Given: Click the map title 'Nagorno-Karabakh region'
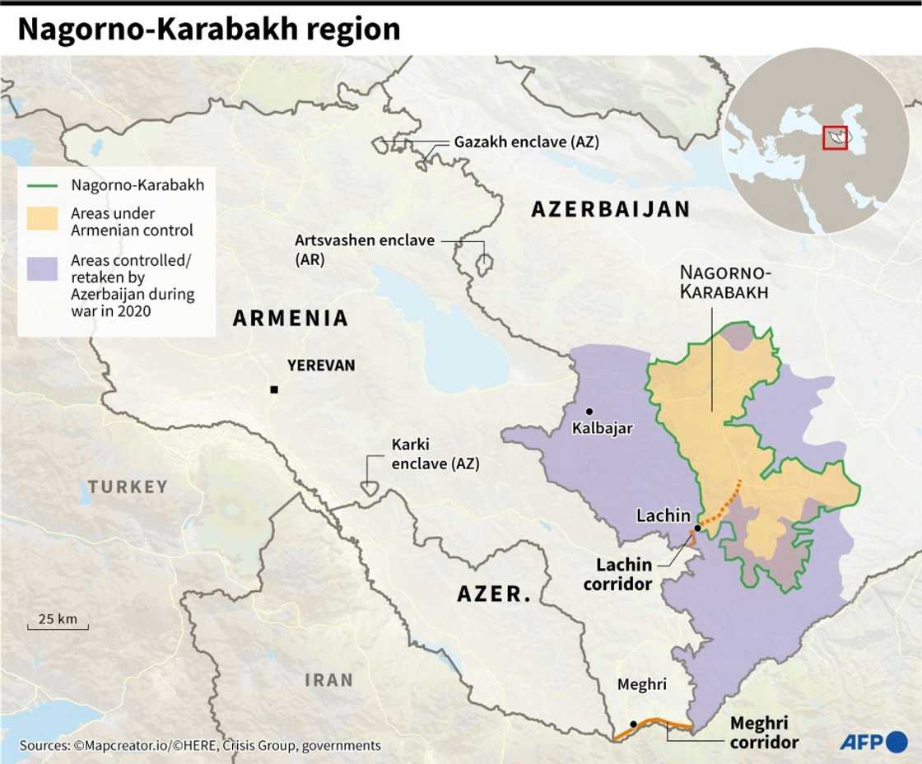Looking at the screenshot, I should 208,30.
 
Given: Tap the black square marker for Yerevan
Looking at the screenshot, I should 274,389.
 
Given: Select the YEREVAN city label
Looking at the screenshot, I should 321,365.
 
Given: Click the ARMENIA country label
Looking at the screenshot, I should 291,319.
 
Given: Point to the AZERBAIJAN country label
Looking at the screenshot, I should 611,209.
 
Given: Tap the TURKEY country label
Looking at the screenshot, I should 128,487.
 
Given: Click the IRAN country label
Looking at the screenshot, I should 328,680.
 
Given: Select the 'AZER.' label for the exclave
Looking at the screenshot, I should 494,593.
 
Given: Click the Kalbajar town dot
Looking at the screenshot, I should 589,411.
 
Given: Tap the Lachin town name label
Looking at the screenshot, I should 664,516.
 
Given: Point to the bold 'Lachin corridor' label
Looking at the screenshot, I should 623,575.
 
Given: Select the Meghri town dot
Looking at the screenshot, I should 633,724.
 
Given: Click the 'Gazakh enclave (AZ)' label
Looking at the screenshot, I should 527,142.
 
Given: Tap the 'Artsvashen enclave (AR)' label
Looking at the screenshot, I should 366,249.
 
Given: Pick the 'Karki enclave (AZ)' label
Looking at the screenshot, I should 435,454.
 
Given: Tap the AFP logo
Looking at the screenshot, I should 872,741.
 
